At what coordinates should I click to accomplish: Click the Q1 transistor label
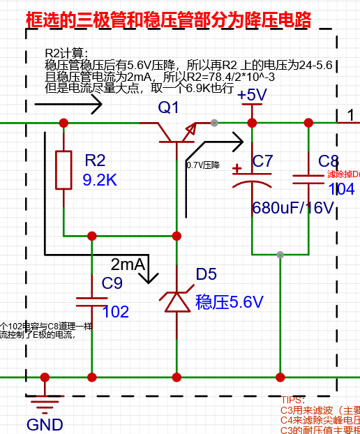tap(168, 107)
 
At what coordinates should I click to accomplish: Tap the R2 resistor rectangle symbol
tap(63, 170)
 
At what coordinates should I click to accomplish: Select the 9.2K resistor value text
tap(100, 180)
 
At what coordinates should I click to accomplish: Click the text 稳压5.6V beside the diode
tap(229, 301)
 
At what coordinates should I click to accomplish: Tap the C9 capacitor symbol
tap(91, 300)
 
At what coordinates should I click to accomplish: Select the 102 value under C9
tap(115, 312)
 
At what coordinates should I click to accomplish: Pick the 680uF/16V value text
tap(293, 207)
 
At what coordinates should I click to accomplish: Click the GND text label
tap(45, 424)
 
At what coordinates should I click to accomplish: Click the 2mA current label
tap(128, 264)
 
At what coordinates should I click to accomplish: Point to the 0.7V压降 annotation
tap(202, 165)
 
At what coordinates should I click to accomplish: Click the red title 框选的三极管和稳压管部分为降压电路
tap(168, 20)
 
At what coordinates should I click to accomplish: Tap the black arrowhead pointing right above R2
tap(94, 106)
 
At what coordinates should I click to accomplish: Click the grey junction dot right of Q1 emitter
tap(213, 123)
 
